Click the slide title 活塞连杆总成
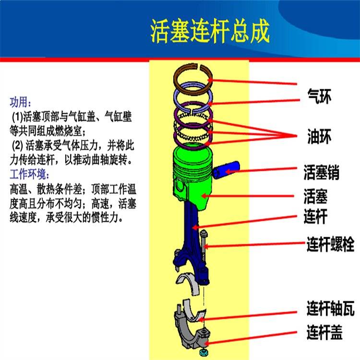(x=210, y=31)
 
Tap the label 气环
(x=319, y=96)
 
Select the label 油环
(x=319, y=136)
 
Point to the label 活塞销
(x=322, y=172)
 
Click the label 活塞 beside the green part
(x=315, y=196)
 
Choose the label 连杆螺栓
(x=330, y=244)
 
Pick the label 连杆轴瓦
(x=330, y=308)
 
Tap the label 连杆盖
(x=324, y=332)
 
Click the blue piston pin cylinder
(x=226, y=170)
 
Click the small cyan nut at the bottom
(x=203, y=352)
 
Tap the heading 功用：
(x=20, y=102)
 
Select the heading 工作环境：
(x=29, y=174)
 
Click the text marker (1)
(x=17, y=117)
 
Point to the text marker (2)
(x=17, y=145)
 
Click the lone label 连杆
(x=315, y=216)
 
